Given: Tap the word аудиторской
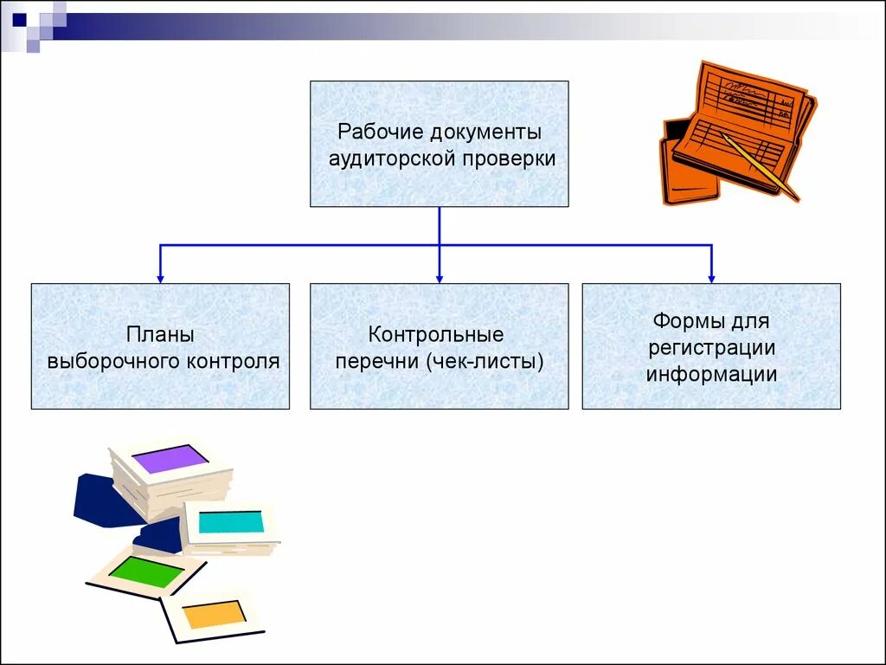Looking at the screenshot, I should coord(390,159).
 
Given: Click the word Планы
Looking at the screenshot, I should coord(160,335).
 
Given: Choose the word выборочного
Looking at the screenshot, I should coord(113,361).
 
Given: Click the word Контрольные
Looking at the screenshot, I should coord(436,334).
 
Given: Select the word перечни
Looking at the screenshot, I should coord(377,360).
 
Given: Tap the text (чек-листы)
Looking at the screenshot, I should coord(485,360).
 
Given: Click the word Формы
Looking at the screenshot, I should coord(684,321).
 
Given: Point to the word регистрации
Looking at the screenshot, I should coord(710,348).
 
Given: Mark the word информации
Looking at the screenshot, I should coord(711,374).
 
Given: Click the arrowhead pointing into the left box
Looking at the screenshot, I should coord(160,278).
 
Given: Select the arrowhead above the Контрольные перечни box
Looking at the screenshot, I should coord(440,278).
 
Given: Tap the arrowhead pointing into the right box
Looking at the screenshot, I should coord(711,278).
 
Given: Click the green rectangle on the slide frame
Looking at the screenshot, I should coord(146,572).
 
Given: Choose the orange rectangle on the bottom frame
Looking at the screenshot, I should coord(213,614).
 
